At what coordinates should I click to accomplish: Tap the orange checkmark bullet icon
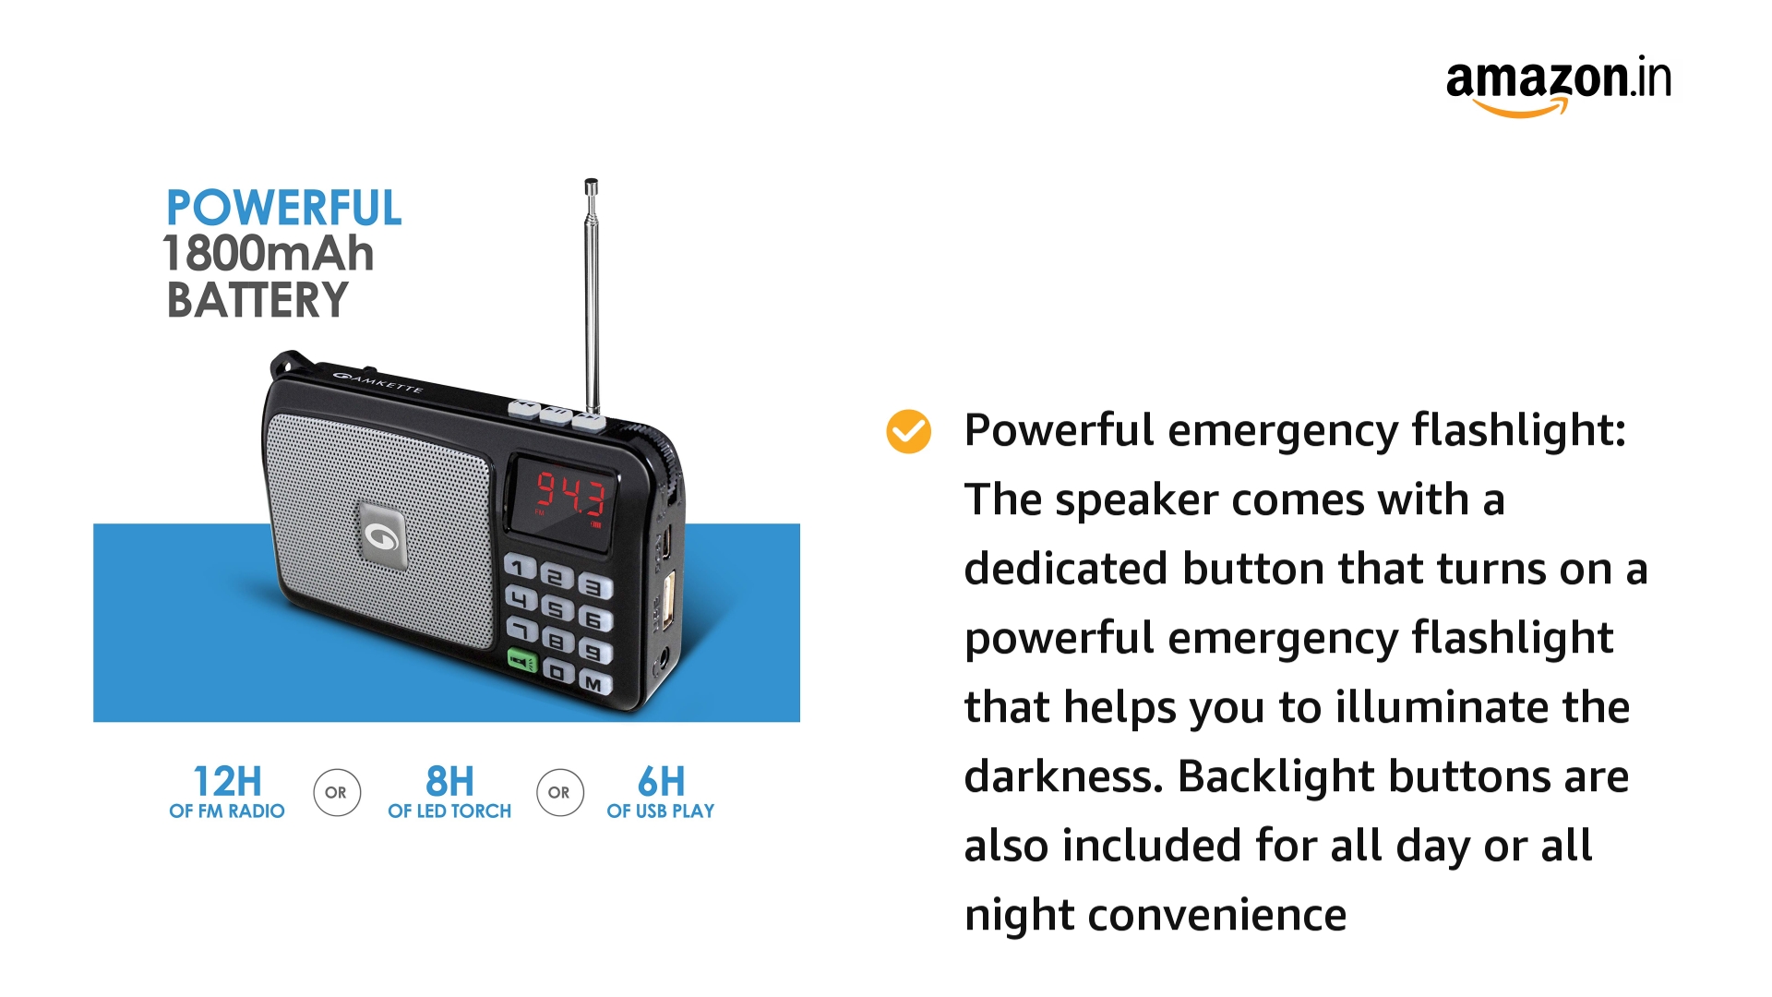point(908,432)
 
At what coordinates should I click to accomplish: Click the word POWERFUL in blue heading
point(283,208)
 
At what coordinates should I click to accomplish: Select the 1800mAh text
point(268,254)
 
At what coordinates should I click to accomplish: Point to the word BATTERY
point(257,300)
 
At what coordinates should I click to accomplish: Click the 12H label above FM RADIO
point(227,782)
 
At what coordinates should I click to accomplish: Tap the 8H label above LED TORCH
point(449,782)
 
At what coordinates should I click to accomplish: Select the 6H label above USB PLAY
point(661,782)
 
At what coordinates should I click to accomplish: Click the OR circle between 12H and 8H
point(336,792)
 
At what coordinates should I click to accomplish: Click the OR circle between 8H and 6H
point(559,792)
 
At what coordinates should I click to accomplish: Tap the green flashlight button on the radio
point(522,661)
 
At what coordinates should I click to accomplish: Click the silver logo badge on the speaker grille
point(382,535)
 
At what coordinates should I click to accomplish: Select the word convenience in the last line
point(1217,915)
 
